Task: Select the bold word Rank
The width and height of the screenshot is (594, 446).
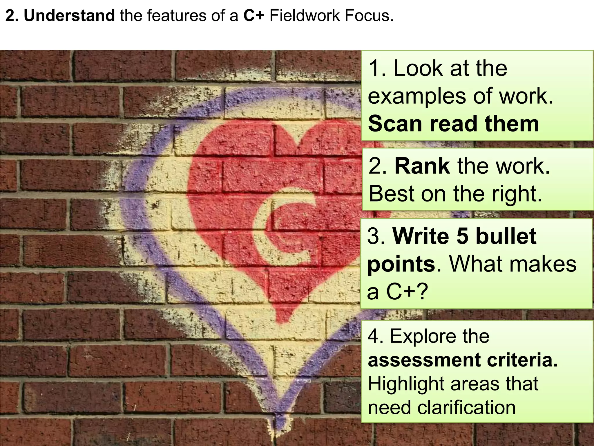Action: coord(422,166)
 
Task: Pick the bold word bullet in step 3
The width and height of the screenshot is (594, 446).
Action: coord(506,236)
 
